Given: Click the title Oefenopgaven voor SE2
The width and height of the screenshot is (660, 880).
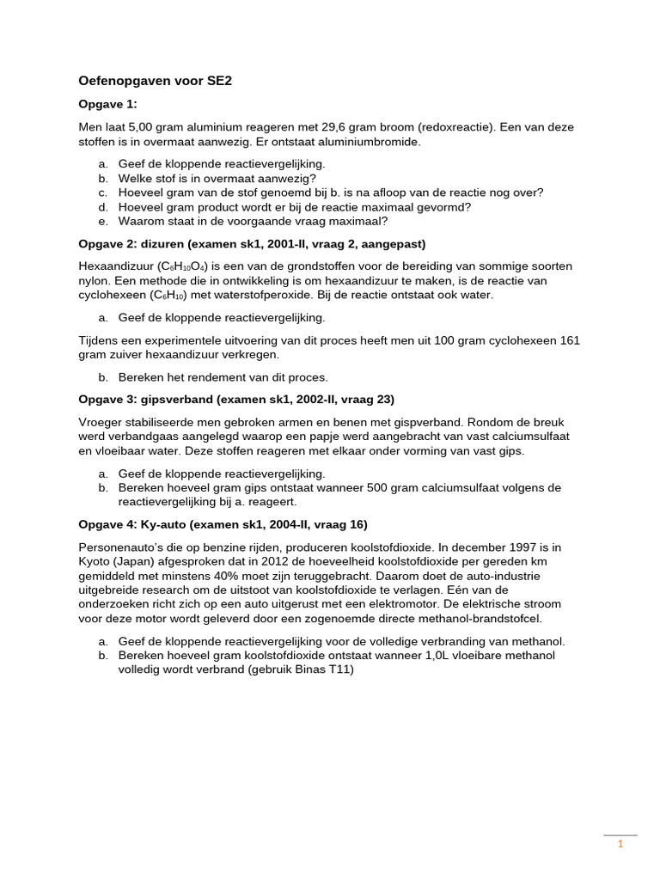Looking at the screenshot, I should pyautogui.click(x=156, y=82).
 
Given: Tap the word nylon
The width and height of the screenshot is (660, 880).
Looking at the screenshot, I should pyautogui.click(x=93, y=281).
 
